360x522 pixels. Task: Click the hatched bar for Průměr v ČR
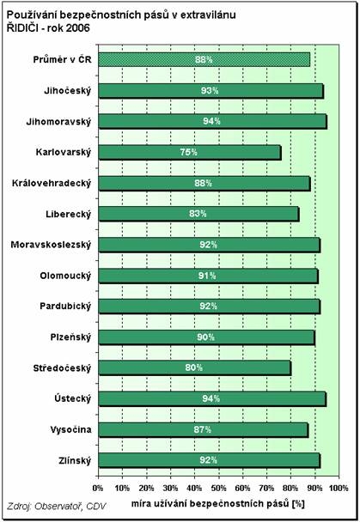tap(204, 59)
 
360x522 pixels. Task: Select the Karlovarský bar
tap(190, 153)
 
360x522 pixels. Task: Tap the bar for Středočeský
tap(195, 368)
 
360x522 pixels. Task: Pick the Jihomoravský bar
tap(213, 122)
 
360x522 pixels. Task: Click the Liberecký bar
tap(198, 214)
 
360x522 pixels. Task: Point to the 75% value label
tap(188, 152)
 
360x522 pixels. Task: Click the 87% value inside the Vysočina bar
tap(203, 429)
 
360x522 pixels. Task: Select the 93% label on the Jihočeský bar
tap(210, 90)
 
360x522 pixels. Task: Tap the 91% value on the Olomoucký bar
tap(207, 276)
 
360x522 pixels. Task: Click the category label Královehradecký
tap(52, 184)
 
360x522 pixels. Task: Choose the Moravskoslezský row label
tap(51, 245)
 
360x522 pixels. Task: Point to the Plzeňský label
tap(70, 337)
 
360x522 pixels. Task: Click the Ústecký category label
tap(72, 399)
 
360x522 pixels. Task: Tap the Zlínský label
tap(75, 461)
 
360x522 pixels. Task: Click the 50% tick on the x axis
tap(218, 489)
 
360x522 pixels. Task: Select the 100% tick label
tap(339, 489)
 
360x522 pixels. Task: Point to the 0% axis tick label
tap(98, 489)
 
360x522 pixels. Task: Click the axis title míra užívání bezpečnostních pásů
tap(211, 504)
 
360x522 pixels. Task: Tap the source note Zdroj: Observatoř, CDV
tap(57, 506)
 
